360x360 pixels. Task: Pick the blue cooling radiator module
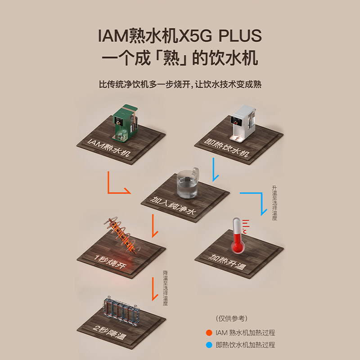pos(121,311)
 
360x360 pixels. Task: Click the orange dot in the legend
pos(209,333)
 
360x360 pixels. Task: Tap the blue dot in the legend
pos(209,345)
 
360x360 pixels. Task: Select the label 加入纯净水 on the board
pos(173,206)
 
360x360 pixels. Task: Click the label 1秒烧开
pos(110,261)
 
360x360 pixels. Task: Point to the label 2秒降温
pos(110,332)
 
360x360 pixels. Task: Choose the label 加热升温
pos(227,262)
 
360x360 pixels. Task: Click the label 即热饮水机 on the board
pos(227,148)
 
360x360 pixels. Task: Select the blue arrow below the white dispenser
pos(214,170)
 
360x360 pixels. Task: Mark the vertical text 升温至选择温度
pos(274,203)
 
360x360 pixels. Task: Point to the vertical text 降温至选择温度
pos(165,288)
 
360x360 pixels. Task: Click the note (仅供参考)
pos(231,319)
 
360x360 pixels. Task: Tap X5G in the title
pos(195,36)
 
